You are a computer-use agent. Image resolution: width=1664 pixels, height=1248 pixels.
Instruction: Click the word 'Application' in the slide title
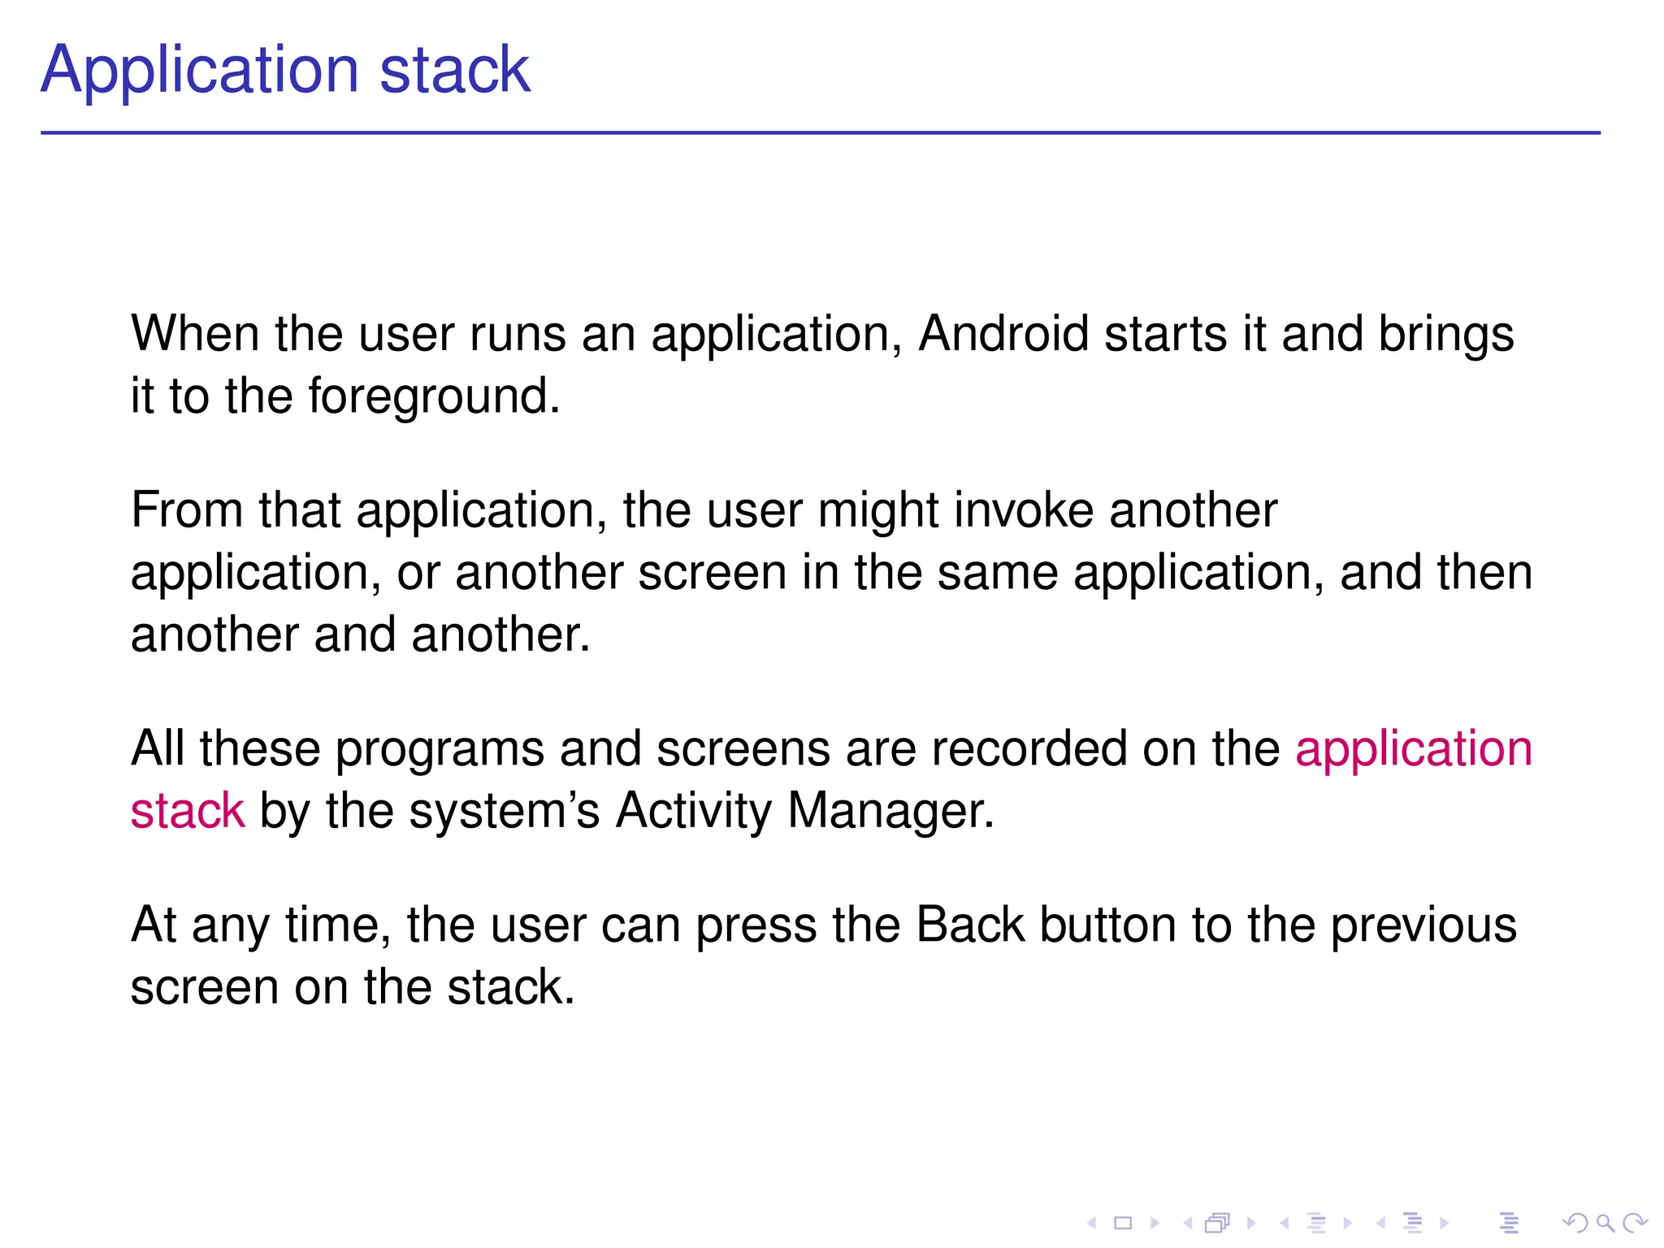tap(199, 71)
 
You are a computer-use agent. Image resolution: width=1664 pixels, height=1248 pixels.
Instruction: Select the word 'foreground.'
tap(434, 397)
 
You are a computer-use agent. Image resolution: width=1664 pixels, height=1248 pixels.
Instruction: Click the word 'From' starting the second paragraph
tap(187, 510)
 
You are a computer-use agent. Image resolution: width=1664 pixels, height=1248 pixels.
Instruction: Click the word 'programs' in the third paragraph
tap(440, 749)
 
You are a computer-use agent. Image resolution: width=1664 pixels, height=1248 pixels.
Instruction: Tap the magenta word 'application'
tap(1413, 749)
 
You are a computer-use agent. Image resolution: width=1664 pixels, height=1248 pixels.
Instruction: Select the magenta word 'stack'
tap(187, 811)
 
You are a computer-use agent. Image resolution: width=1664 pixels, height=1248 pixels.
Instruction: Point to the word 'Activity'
tap(693, 811)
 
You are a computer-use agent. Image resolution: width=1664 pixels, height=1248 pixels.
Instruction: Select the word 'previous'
tap(1423, 926)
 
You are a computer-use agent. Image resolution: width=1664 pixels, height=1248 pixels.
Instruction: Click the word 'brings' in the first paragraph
tap(1446, 336)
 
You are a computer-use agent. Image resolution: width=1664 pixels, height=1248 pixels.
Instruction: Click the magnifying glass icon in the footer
tap(1605, 1223)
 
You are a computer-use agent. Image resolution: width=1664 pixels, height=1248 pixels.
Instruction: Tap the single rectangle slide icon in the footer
tap(1123, 1223)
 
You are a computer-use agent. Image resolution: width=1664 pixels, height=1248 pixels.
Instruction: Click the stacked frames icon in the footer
tap(1217, 1223)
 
